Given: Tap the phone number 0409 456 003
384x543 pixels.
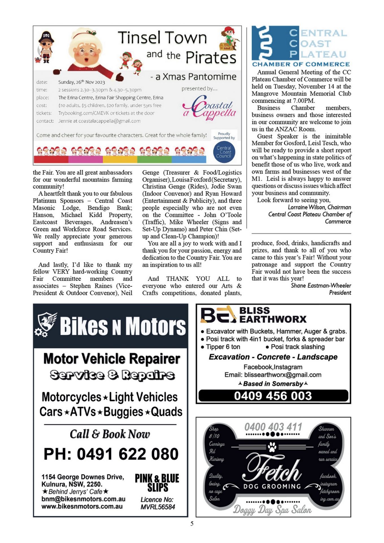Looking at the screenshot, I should click(273, 396).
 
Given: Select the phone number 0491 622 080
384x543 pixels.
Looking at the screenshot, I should click(111, 454).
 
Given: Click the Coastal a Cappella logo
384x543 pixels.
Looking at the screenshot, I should click(210, 109).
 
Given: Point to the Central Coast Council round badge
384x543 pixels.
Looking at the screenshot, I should click(224, 152).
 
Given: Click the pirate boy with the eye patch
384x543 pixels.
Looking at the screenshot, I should click(46, 47).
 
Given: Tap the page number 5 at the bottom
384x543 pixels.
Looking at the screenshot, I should click(192, 523).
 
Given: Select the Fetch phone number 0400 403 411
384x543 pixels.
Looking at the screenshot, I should click(273, 427).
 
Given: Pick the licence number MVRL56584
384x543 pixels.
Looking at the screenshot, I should click(158, 507).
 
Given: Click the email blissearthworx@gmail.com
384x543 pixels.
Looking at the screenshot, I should click(283, 375).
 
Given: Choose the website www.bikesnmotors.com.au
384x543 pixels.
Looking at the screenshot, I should click(82, 506).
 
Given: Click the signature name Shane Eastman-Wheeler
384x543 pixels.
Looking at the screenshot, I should click(321, 285).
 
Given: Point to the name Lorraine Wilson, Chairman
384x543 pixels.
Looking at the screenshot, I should click(319, 207).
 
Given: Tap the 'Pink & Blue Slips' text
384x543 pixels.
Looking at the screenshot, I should click(157, 483).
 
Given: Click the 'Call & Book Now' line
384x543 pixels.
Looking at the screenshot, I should click(110, 434).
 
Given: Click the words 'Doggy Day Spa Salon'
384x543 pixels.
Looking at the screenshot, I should click(272, 509).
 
